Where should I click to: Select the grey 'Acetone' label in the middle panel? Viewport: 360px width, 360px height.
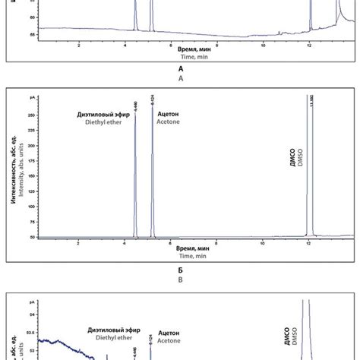[x=169, y=122]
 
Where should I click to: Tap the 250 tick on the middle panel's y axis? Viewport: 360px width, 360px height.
[x=31, y=115]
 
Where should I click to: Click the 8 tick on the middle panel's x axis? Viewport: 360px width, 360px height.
[x=217, y=244]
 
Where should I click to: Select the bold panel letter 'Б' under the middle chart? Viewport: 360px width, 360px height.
[x=181, y=270]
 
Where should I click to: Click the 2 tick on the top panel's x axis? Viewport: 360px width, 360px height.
[x=79, y=46]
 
